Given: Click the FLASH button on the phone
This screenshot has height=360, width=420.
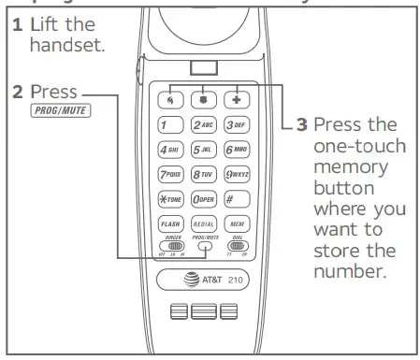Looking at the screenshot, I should (170, 224).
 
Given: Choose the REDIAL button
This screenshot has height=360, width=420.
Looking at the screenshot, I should (205, 224).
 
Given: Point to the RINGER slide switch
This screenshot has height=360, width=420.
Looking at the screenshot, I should (169, 246).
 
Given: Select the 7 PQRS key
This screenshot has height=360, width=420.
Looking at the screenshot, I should (170, 174).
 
